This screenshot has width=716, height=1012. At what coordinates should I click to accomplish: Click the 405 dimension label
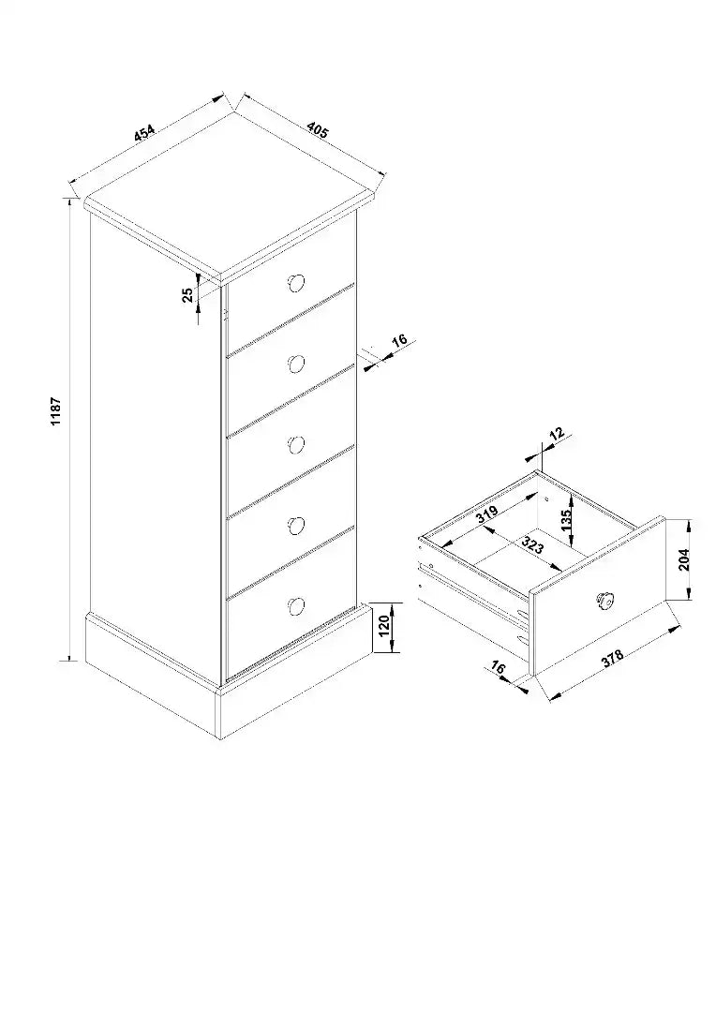318,130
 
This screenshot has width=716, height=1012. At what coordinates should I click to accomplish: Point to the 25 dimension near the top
187,295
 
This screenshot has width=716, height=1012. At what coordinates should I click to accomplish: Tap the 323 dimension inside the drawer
531,545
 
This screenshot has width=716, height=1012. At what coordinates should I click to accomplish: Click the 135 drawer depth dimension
566,521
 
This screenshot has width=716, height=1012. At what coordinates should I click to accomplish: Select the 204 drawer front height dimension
684,559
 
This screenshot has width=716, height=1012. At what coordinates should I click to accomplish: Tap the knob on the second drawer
296,364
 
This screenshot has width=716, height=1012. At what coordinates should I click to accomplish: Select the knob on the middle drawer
296,444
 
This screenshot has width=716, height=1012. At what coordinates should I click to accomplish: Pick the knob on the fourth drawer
296,526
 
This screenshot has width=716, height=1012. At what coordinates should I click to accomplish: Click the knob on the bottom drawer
296,606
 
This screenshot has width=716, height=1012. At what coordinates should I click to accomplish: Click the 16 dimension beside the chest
399,341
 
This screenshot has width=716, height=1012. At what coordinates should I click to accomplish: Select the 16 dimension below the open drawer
498,667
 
